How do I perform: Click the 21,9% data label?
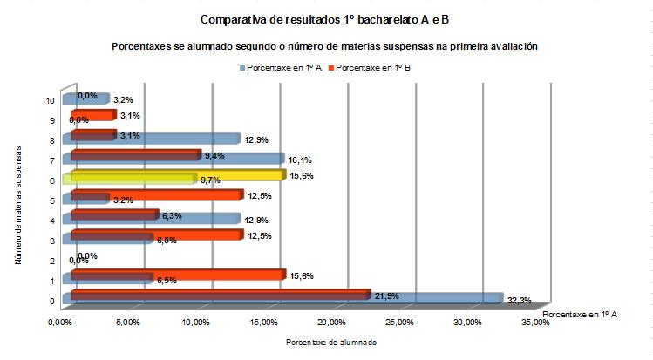pyautogui.click(x=386, y=295)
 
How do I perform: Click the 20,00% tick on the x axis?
pyautogui.click(x=332, y=323)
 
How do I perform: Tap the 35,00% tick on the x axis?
pyautogui.click(x=535, y=323)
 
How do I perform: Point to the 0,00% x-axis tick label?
pyautogui.click(x=61, y=323)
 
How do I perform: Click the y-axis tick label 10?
pyautogui.click(x=51, y=100)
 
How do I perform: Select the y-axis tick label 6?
pyautogui.click(x=53, y=180)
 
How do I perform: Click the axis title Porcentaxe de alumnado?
pyautogui.click(x=331, y=343)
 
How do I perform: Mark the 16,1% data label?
pyautogui.click(x=300, y=160)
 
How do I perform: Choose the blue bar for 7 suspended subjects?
pyautogui.click(x=244, y=160)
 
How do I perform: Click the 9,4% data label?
pyautogui.click(x=214, y=156)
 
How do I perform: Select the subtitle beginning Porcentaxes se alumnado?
pyautogui.click(x=323, y=46)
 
